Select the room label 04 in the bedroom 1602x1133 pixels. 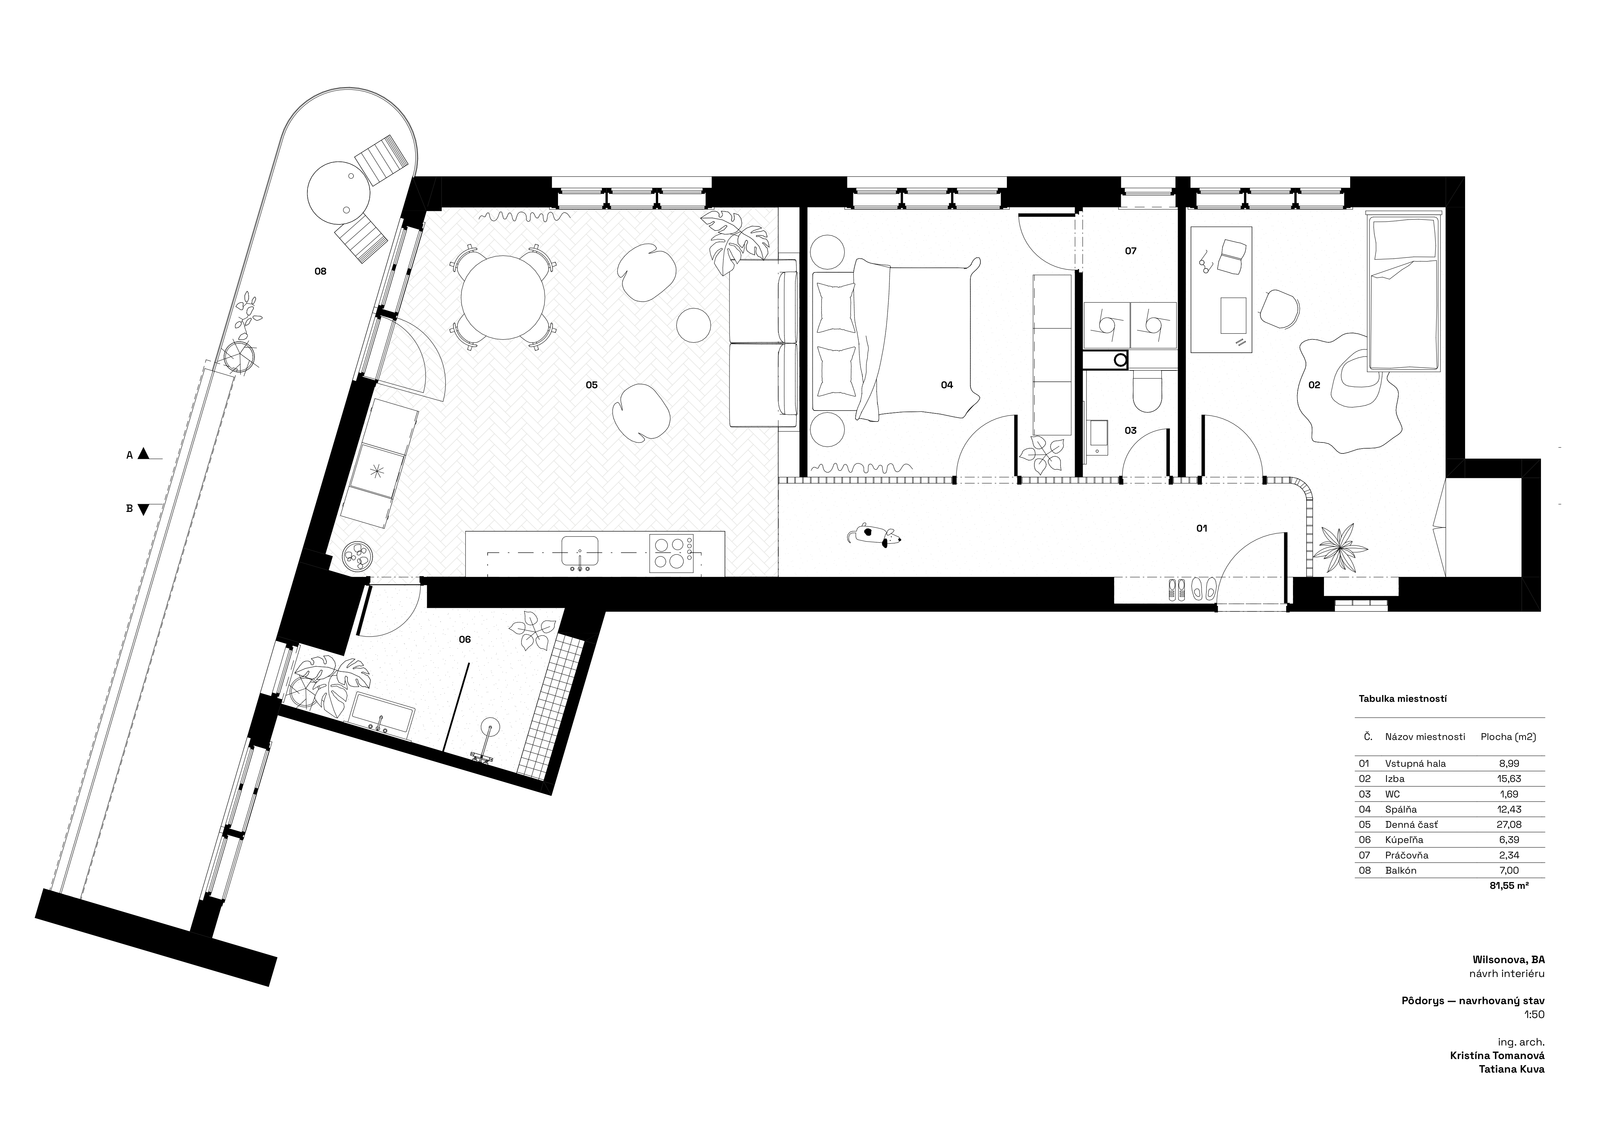(947, 384)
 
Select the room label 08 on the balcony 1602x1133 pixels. (320, 271)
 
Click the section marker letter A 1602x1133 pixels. (129, 455)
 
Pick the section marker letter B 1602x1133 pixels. (129, 509)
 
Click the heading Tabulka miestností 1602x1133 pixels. (1402, 698)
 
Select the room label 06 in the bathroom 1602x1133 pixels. (465, 639)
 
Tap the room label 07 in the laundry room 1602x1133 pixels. (1130, 250)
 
